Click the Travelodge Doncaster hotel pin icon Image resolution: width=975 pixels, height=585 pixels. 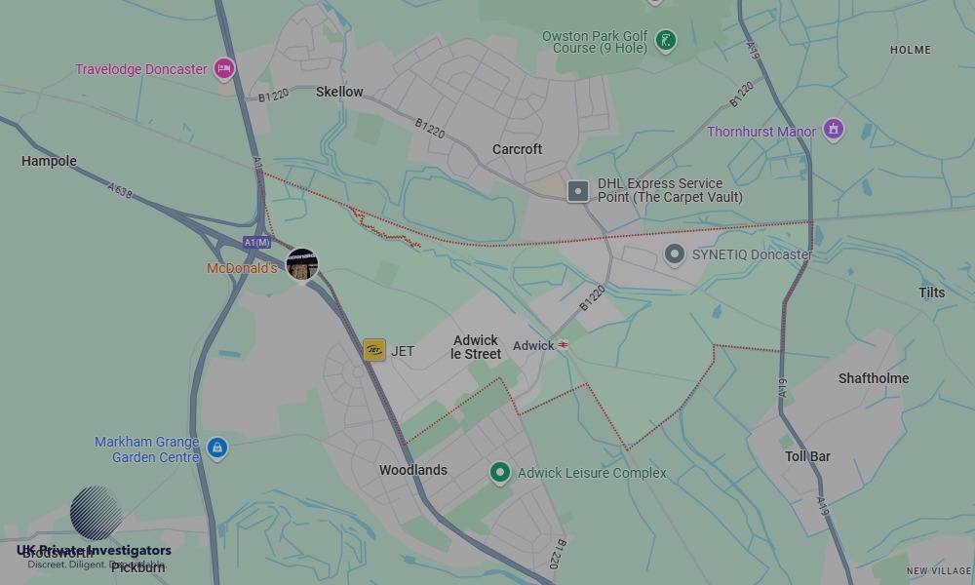[x=224, y=68]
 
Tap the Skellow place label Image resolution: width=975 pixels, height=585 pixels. [x=339, y=92]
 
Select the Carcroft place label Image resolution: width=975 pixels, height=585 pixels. [x=517, y=149]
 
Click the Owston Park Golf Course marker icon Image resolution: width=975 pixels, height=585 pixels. [x=665, y=41]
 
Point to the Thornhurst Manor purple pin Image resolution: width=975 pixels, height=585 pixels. [x=833, y=129]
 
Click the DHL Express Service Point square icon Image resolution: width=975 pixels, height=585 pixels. [x=578, y=191]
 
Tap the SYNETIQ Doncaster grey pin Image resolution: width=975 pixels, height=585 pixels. [x=674, y=254]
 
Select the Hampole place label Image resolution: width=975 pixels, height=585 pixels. [x=49, y=161]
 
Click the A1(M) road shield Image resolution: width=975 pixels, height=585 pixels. [x=257, y=242]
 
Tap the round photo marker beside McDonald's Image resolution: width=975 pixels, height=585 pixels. [x=302, y=264]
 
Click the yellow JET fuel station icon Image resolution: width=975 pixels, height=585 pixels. [x=374, y=350]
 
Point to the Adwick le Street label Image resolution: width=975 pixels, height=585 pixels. [x=476, y=347]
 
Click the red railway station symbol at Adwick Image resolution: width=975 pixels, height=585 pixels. [x=563, y=345]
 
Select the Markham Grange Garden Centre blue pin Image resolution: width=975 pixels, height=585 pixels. [x=216, y=448]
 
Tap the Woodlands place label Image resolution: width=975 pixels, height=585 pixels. [x=413, y=470]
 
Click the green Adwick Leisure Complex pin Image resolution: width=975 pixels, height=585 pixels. [x=500, y=473]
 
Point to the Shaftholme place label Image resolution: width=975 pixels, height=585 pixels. [x=874, y=378]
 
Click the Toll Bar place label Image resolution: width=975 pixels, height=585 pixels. [x=807, y=456]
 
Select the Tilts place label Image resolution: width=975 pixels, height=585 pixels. [x=932, y=292]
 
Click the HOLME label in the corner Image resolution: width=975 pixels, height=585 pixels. [x=911, y=50]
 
